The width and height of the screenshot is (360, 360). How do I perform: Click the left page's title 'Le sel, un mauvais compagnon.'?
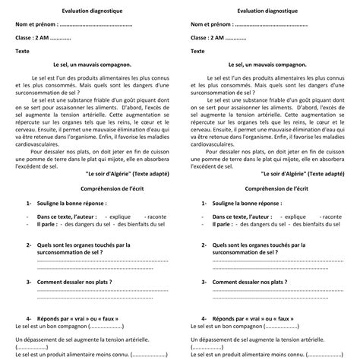pos(87,66)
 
